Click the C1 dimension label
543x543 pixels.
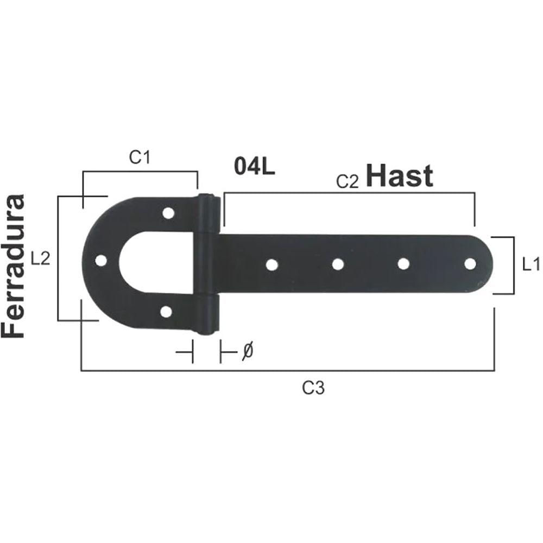coord(140,157)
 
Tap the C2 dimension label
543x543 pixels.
coord(348,182)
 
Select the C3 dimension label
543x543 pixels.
coord(313,388)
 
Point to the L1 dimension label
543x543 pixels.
coord(531,265)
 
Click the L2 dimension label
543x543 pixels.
coord(41,258)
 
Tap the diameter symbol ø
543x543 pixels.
coord(248,351)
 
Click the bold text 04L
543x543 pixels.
coord(255,166)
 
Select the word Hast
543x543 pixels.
coord(399,175)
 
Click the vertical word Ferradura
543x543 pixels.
coord(13,266)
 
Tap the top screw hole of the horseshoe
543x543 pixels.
coord(168,213)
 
